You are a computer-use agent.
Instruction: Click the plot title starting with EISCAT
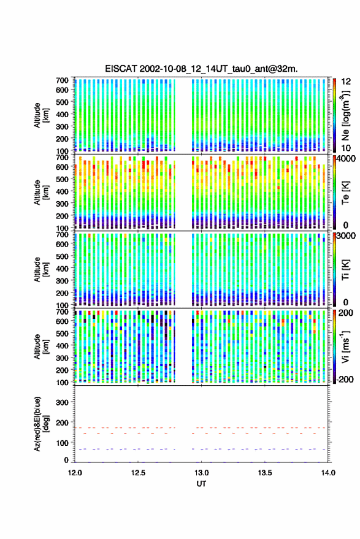coord(202,69)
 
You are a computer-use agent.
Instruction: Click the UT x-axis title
coord(201,484)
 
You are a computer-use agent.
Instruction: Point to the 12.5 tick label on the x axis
coord(138,473)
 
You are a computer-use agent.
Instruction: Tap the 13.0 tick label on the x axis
coord(202,473)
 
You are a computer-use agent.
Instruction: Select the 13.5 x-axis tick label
coord(265,473)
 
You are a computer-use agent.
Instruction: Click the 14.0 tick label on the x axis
coord(328,473)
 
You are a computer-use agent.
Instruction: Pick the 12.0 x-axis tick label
coord(75,473)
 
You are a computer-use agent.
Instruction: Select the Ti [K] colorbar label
coord(345,270)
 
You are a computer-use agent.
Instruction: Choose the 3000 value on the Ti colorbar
coord(346,236)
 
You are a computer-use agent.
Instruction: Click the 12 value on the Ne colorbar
coord(346,82)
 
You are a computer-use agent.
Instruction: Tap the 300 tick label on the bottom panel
coord(62,402)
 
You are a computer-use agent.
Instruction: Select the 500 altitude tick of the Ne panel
coord(62,102)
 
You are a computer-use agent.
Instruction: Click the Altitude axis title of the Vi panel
coord(41,346)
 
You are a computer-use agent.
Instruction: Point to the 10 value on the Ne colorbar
coord(346,148)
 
